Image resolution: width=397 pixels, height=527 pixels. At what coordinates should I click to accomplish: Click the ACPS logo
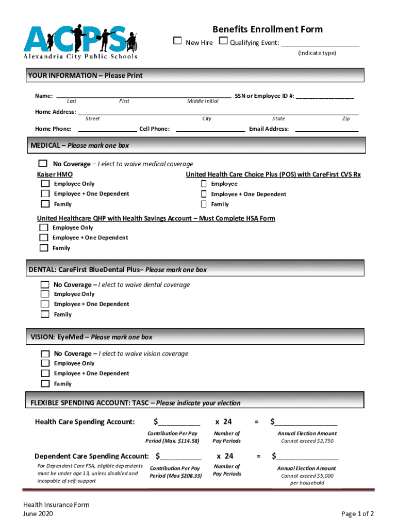[x=80, y=41]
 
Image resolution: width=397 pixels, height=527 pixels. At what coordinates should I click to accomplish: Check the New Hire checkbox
[x=177, y=42]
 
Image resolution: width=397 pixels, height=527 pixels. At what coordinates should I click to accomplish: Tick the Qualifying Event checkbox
[x=223, y=42]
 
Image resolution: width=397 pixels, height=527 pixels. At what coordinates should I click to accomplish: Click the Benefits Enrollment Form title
[x=268, y=29]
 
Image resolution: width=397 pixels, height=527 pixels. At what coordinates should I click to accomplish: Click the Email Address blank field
[x=326, y=129]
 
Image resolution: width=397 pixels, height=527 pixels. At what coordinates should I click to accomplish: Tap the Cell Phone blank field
[x=210, y=129]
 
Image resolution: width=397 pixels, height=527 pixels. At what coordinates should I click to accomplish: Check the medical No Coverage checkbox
[x=43, y=164]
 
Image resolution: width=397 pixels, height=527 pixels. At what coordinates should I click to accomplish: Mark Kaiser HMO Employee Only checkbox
[x=45, y=184]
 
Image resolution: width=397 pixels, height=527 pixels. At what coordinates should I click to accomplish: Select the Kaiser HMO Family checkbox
[x=45, y=204]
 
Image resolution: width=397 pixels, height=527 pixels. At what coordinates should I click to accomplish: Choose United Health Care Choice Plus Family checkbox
[x=204, y=204]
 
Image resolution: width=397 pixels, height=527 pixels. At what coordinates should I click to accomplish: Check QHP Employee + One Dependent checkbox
[x=44, y=238]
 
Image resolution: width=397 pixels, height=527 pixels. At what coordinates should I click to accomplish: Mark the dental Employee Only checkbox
[x=45, y=294]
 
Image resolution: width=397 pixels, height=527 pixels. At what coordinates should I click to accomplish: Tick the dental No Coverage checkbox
[x=45, y=285]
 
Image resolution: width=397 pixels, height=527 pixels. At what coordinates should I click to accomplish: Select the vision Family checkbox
[x=45, y=383]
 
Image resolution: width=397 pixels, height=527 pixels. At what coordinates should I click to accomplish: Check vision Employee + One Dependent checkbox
[x=45, y=373]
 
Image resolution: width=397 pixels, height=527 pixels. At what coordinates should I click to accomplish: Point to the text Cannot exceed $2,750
[x=307, y=441]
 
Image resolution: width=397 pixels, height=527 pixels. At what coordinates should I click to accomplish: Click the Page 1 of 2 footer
[x=357, y=514]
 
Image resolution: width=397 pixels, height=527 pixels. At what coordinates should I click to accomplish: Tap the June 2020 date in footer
[x=38, y=514]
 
